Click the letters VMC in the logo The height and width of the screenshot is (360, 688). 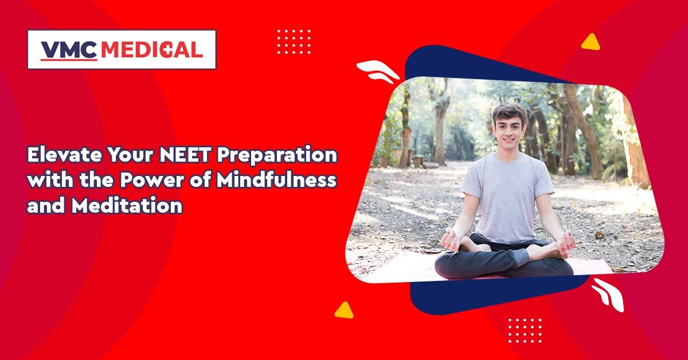[69, 50]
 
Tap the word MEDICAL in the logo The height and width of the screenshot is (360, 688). [152, 50]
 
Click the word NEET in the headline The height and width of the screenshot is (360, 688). [184, 155]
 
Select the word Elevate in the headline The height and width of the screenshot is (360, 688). [64, 155]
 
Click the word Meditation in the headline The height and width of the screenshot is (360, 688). [127, 205]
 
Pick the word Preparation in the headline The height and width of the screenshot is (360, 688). [277, 156]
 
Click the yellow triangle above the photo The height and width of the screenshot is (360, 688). [591, 42]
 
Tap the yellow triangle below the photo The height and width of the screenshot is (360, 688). [344, 311]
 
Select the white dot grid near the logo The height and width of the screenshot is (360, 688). [294, 42]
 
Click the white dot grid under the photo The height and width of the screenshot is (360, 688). [525, 331]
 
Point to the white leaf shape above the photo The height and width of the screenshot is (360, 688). [378, 71]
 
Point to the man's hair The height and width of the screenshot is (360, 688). [509, 113]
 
